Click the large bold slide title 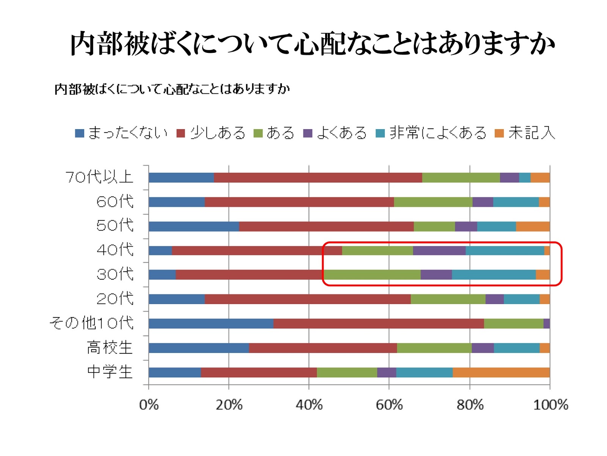coord(313,44)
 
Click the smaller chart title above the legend coord(172,89)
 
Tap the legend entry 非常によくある coord(431,133)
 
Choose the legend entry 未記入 coord(526,133)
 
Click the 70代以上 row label coord(99,177)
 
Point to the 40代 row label coord(115,250)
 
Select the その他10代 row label coord(91,323)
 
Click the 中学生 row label coord(110,372)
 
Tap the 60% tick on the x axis coord(389,405)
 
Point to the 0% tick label coord(149,405)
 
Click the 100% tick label coord(550,405)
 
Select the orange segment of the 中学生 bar coord(501,372)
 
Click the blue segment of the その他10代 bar coord(211,324)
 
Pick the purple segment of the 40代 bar coord(439,251)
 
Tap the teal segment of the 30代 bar coord(494,275)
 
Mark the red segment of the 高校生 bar coord(323,348)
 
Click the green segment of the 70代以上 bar coord(461,177)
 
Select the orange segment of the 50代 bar coord(533,226)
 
